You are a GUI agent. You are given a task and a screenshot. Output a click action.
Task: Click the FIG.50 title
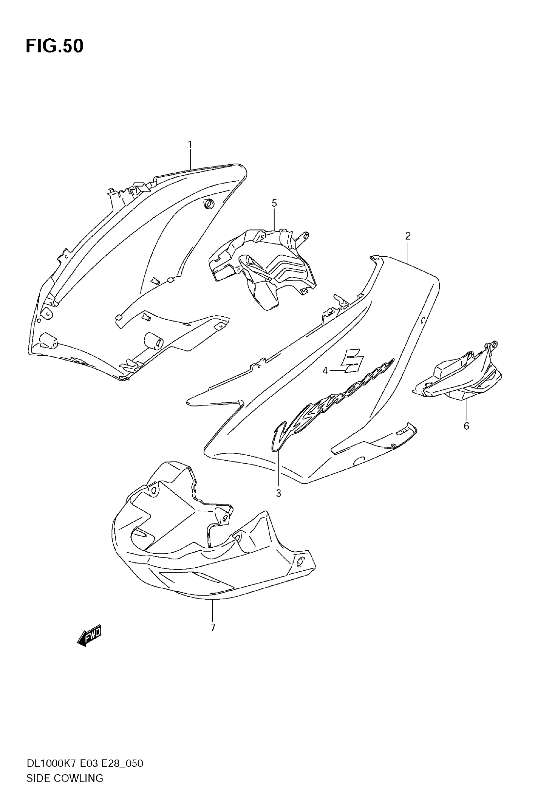(55, 46)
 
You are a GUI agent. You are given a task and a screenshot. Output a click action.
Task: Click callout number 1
(190, 145)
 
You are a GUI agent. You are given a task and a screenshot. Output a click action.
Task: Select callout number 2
(408, 236)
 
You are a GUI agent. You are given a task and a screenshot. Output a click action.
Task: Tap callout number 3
(278, 493)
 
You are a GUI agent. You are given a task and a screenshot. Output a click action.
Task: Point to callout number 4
(325, 371)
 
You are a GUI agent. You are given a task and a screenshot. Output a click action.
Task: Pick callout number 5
(274, 203)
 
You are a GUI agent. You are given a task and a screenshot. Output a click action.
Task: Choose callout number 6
(467, 426)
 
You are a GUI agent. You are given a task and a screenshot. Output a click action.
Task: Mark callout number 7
(213, 628)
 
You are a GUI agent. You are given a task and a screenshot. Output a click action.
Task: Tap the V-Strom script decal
(332, 405)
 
